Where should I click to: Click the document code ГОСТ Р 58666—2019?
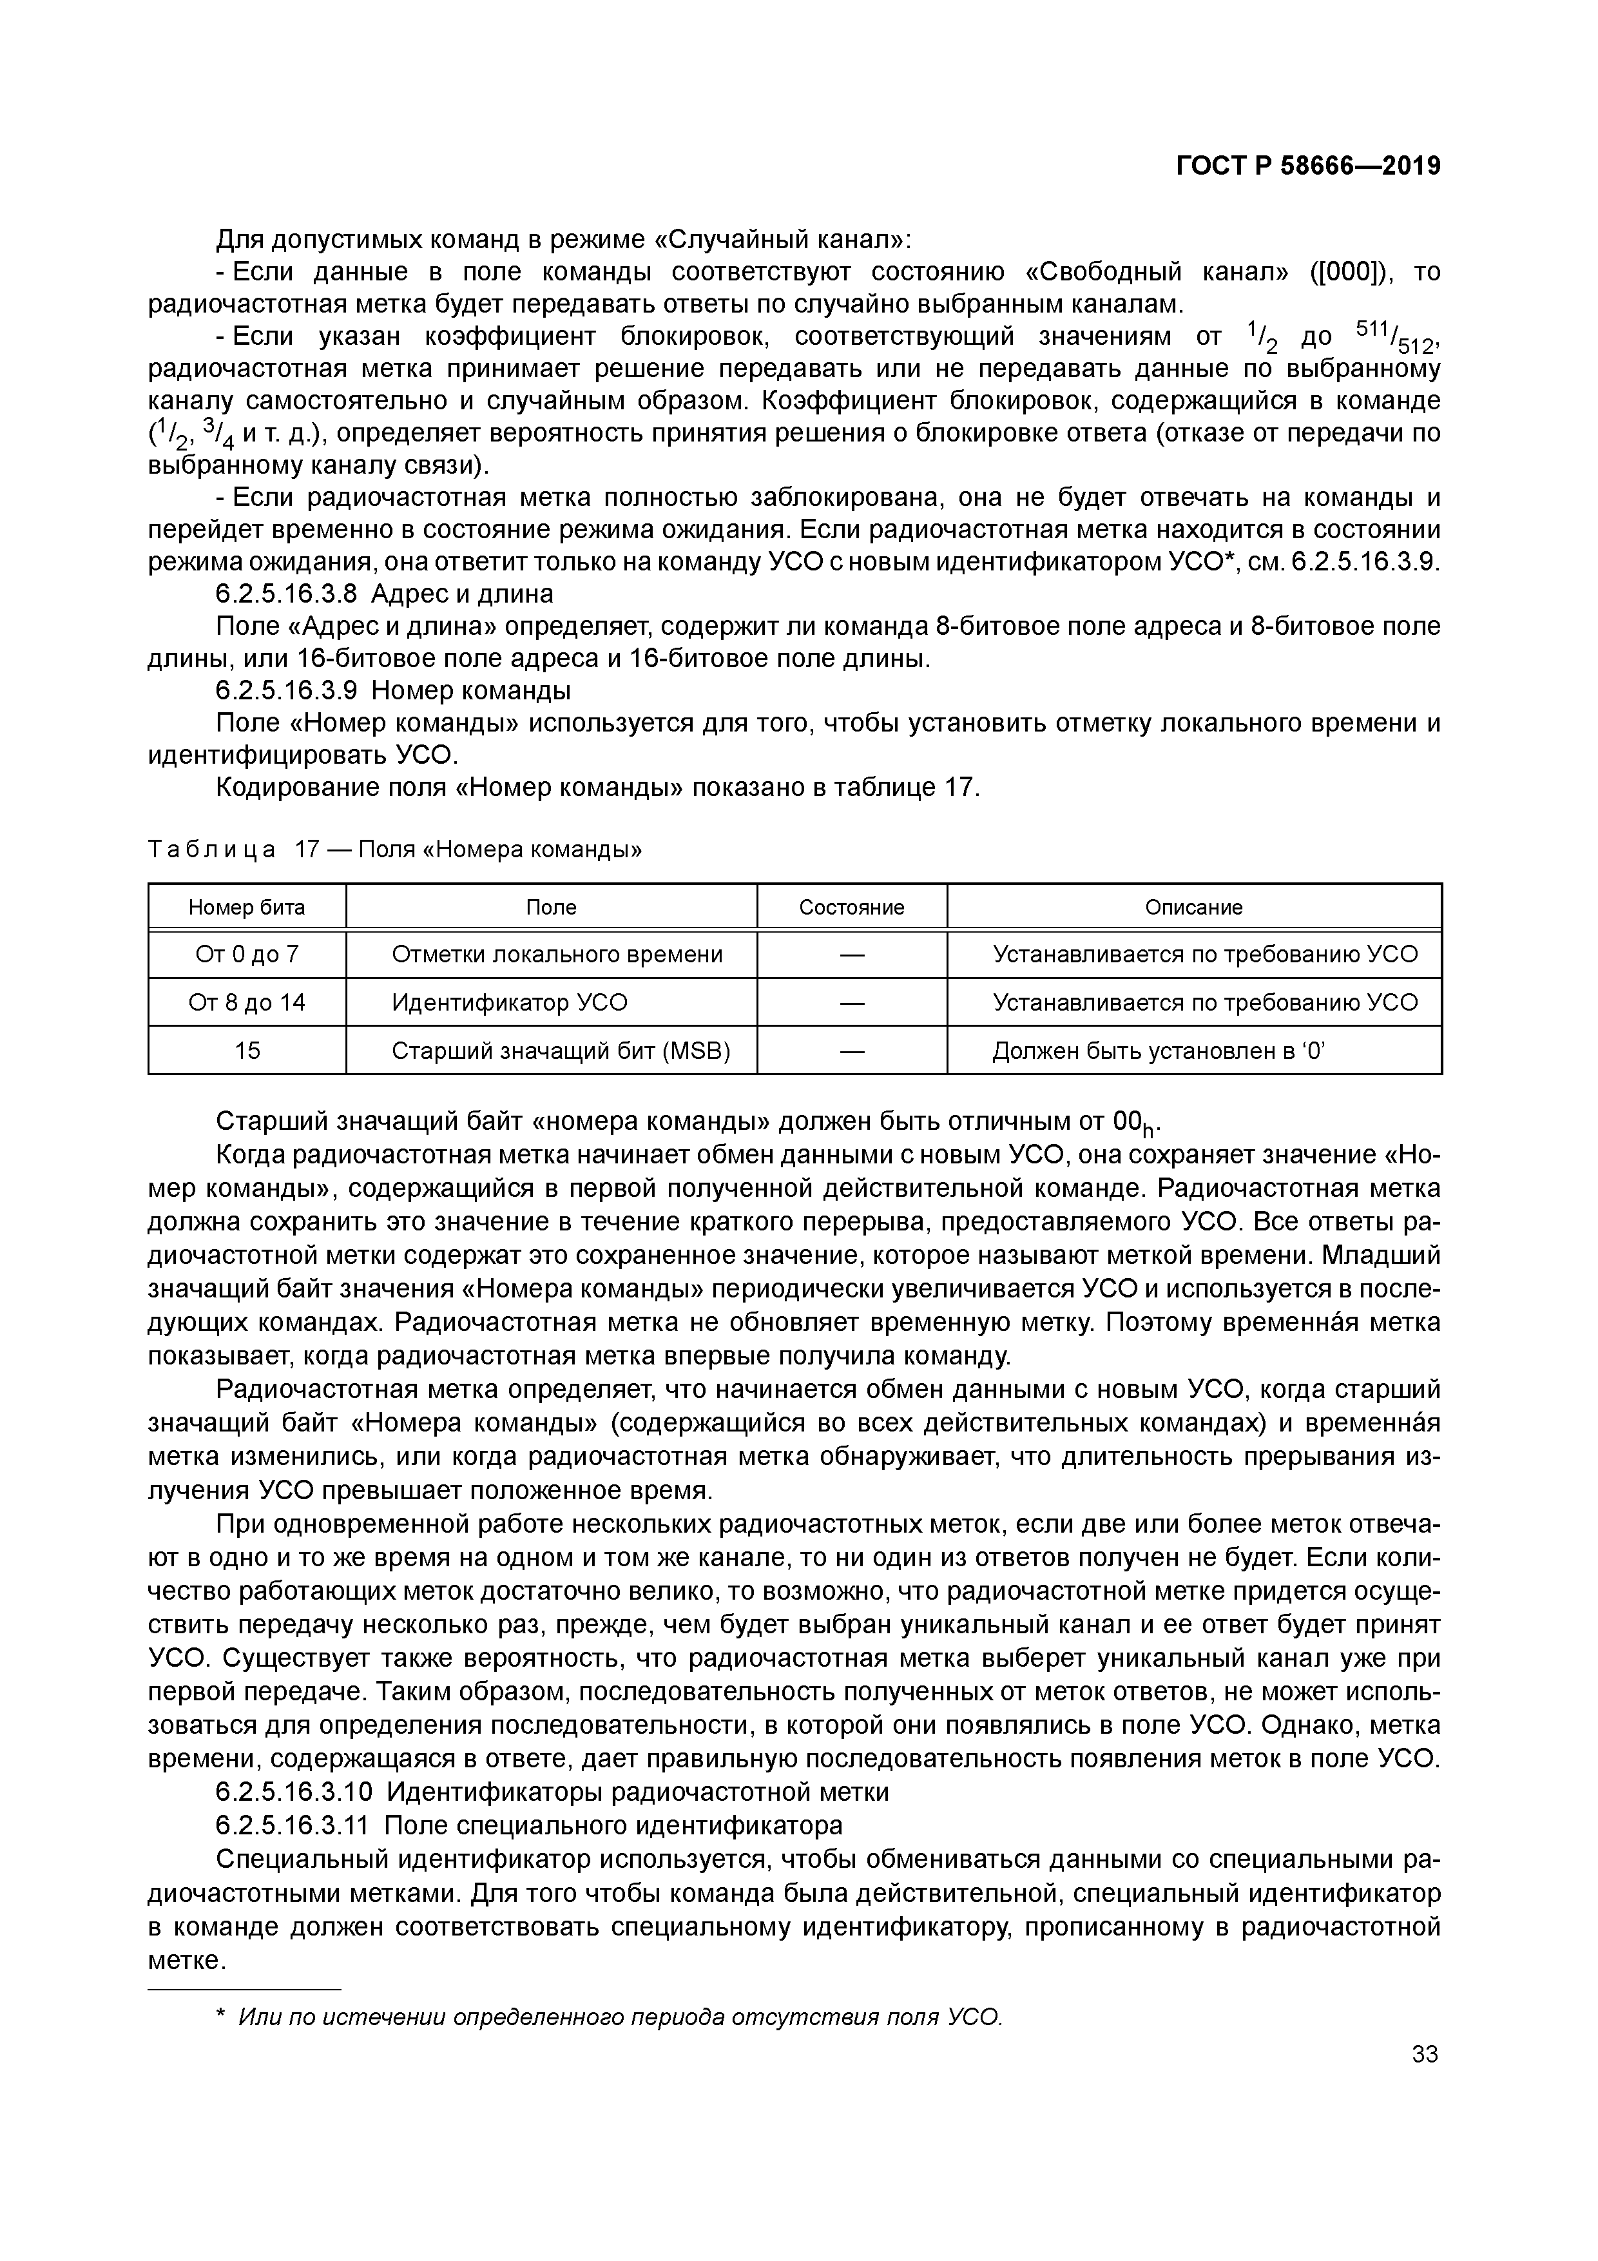click(x=1307, y=166)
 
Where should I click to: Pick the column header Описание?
click(x=1193, y=907)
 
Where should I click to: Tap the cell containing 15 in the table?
click(x=247, y=1051)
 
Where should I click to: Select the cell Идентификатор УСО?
click(x=509, y=1002)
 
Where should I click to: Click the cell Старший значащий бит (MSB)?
click(x=560, y=1051)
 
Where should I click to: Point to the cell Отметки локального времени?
click(x=556, y=955)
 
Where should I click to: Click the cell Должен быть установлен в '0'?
click(x=1159, y=1051)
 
